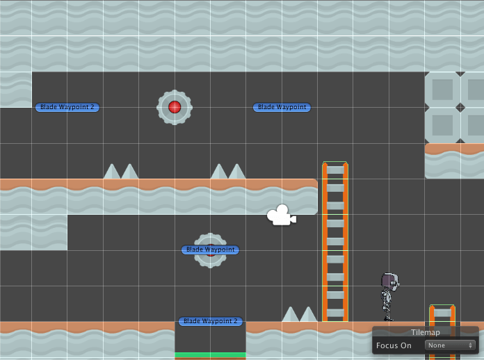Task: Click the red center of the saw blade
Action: tap(175, 107)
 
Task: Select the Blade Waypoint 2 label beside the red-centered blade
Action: tap(67, 107)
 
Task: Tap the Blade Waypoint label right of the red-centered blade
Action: tap(282, 107)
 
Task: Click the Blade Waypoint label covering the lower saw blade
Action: tap(210, 249)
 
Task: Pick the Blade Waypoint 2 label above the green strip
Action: tap(211, 321)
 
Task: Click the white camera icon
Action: tap(281, 215)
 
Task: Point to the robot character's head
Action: tap(389, 281)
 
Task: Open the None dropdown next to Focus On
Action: tap(450, 345)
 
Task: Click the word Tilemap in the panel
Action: tap(425, 332)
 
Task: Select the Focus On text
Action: tap(394, 345)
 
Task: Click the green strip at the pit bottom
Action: tap(210, 355)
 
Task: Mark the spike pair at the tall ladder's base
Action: tap(300, 314)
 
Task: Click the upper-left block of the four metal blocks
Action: tap(442, 90)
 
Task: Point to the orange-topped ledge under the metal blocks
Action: tap(454, 149)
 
